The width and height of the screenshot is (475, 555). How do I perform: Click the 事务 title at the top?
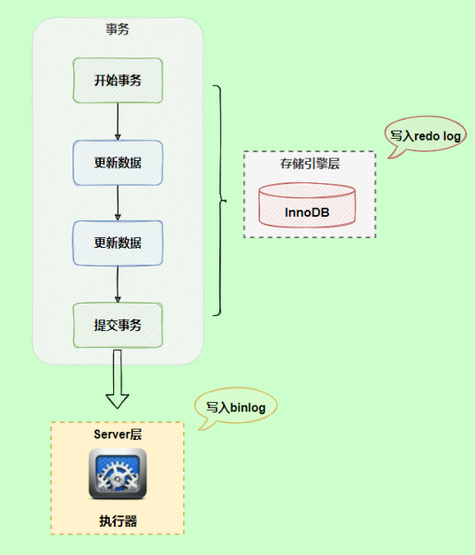118,28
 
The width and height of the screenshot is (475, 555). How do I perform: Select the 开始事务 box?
118,81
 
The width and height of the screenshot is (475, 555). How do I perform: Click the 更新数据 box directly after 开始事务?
118,163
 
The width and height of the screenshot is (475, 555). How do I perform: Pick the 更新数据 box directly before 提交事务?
118,243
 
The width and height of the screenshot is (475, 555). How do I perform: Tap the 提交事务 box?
118,325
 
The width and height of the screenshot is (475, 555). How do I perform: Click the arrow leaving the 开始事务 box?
118,121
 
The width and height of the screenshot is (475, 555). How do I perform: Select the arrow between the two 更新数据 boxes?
118,203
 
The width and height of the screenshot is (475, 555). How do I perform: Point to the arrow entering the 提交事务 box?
118,284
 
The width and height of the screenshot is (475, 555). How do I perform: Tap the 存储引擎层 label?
309,164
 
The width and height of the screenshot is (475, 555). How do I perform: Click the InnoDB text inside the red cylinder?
308,213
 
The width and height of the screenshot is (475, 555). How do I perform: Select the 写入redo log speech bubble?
427,135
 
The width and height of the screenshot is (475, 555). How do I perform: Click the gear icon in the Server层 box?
117,474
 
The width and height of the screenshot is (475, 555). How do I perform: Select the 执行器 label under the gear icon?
117,520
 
